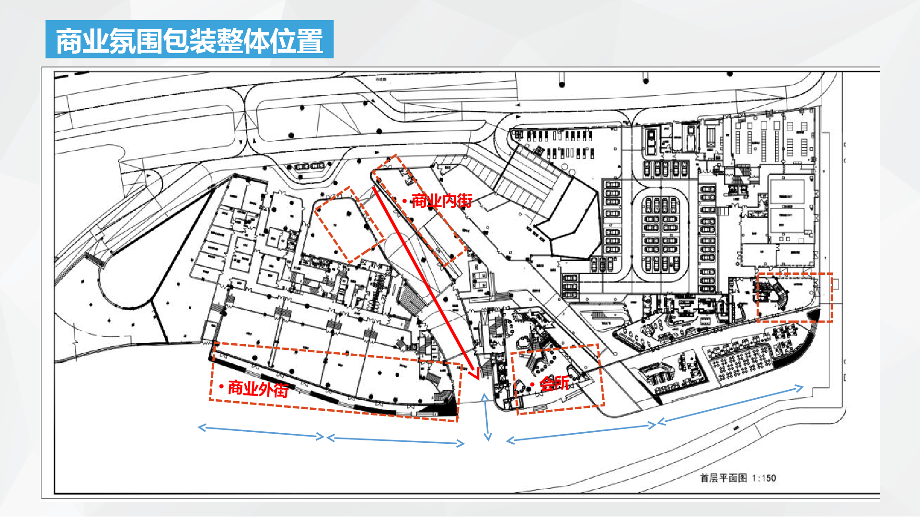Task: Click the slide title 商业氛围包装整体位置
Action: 189,40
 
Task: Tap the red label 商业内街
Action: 441,201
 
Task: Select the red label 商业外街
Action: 258,389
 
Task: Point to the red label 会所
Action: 554,383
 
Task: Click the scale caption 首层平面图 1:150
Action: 737,478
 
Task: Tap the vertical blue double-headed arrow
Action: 486,416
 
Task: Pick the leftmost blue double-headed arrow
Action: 261,432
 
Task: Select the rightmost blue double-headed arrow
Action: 730,405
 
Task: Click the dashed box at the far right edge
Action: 794,297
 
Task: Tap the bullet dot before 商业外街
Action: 221,386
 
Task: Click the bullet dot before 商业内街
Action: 405,201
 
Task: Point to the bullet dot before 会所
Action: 532,384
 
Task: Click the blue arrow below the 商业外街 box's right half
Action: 395,440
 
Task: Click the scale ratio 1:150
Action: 764,478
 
